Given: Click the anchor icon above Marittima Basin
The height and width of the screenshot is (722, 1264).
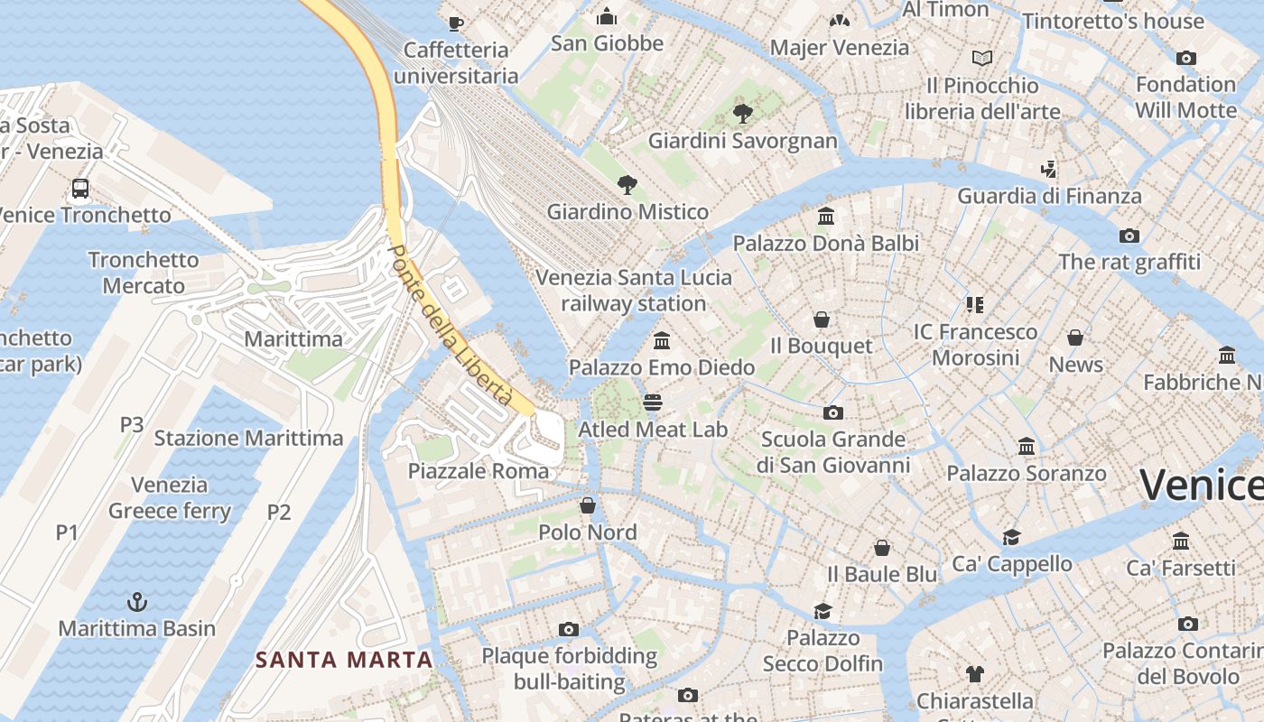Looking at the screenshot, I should tap(136, 601).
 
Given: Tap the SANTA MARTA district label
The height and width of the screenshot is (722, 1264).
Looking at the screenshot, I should tap(344, 660).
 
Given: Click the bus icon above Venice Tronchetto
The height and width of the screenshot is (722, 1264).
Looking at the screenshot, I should tap(80, 189).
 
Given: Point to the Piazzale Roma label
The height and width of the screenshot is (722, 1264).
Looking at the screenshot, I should tap(478, 471).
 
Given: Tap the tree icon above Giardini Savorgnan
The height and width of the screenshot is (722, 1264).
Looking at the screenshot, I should tap(743, 114).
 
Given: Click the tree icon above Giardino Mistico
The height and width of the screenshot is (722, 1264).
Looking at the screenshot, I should tap(627, 185).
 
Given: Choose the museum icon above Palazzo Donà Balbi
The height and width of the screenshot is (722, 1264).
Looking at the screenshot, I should tap(825, 217).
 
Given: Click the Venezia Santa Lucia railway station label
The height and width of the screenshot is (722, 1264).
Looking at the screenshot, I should tap(634, 290).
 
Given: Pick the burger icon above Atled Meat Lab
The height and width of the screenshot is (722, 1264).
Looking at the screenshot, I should tap(653, 403).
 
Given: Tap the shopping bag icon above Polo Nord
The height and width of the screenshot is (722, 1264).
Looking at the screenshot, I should tap(588, 505).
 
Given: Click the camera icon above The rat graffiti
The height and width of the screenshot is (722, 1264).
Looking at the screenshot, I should tap(1129, 236).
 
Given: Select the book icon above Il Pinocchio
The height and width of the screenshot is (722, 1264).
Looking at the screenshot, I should tap(982, 59).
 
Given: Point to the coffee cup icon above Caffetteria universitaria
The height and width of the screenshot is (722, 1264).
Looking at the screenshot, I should tap(456, 23).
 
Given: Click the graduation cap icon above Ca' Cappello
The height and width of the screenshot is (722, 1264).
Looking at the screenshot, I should tap(1011, 537).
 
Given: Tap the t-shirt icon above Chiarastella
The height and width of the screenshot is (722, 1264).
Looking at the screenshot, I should tap(975, 673).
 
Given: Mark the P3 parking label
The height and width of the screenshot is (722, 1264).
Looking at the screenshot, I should tap(132, 424).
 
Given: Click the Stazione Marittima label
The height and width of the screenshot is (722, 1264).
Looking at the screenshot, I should tap(248, 439).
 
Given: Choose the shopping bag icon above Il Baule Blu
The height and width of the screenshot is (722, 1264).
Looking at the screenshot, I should tap(882, 548).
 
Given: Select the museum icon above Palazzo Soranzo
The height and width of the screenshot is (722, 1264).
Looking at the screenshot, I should tap(1026, 446).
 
